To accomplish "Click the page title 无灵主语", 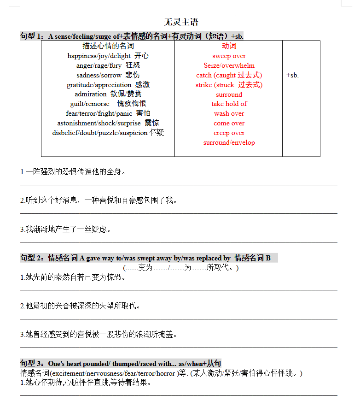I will (181, 22).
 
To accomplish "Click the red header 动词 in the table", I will (229, 46).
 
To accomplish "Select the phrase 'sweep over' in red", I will (229, 56).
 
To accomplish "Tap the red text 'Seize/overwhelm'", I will (229, 65).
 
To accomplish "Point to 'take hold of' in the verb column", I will (229, 104).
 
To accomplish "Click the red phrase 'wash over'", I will (229, 113).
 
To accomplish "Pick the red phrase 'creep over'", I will (229, 133).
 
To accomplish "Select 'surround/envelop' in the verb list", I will (229, 142).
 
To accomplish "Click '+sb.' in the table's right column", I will (292, 75).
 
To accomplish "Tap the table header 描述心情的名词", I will (108, 46).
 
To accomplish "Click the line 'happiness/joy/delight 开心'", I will (108, 56).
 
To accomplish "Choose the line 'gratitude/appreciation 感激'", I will (108, 85).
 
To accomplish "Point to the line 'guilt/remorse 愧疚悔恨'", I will (108, 104).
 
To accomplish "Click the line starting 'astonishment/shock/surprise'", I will (108, 123).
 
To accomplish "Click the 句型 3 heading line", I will (121, 363).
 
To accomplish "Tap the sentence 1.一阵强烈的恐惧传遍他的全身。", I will (73, 172).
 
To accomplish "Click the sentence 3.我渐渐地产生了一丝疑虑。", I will (66, 229).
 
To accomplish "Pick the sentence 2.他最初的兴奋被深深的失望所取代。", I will (81, 306).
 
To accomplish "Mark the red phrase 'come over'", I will (229, 123).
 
